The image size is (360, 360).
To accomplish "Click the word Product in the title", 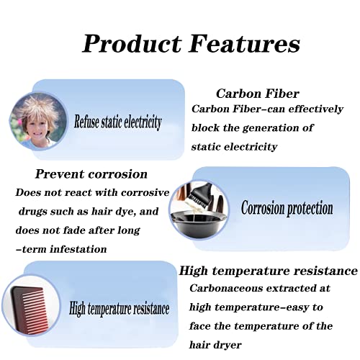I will (131, 43).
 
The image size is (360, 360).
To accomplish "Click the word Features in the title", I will (242, 43).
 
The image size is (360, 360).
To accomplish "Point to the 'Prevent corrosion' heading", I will (91, 174).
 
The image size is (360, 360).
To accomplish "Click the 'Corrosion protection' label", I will (287, 208).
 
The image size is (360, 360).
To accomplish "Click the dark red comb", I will (31, 307).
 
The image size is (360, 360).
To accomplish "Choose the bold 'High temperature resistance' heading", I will (269, 271).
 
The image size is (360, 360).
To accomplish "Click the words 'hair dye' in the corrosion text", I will (117, 211).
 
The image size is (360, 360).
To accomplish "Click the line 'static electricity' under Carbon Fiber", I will (234, 146).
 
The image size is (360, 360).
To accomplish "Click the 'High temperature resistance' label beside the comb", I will (119, 310).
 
